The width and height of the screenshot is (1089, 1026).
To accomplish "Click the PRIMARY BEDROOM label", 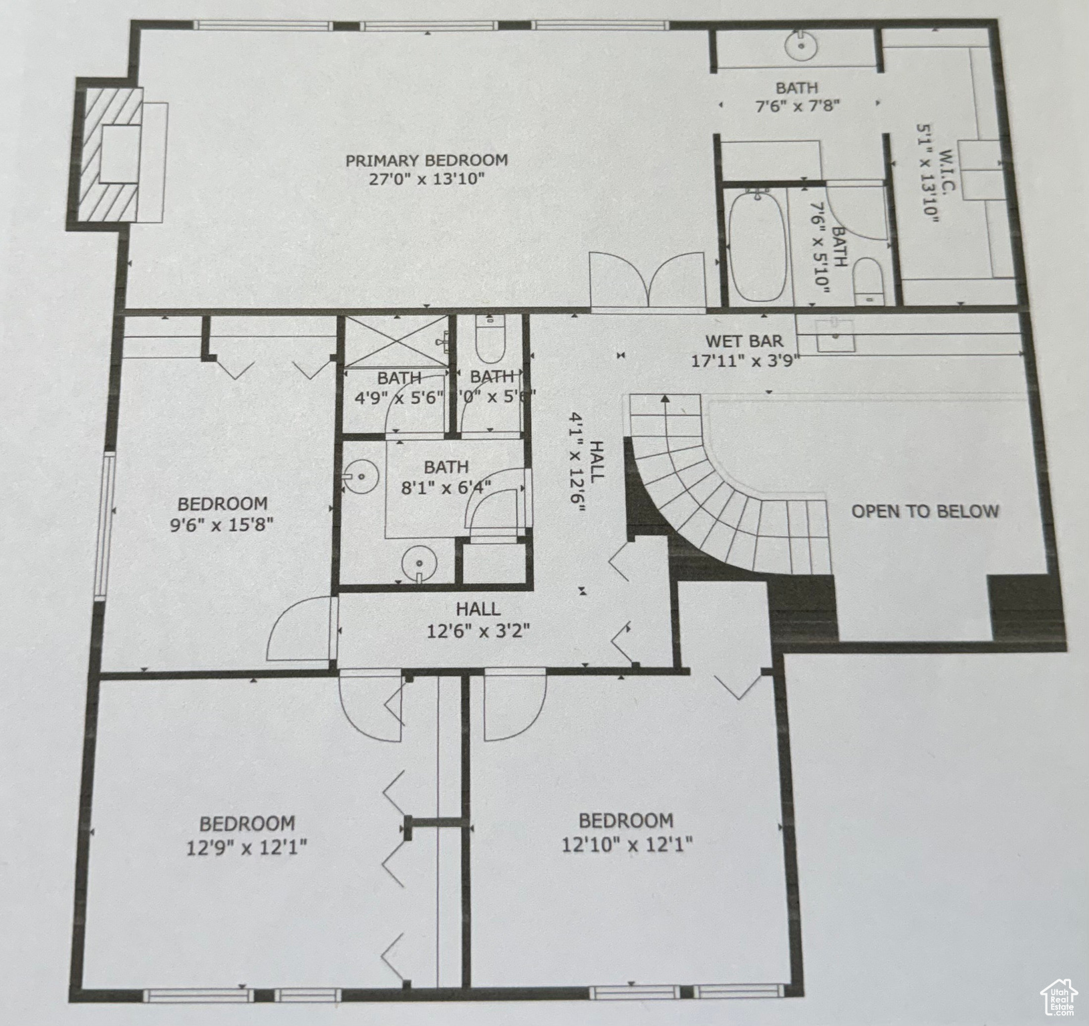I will coord(426,160).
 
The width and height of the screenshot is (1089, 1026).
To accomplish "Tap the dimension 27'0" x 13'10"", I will coord(426,179).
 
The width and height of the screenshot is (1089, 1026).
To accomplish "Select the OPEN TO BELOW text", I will coord(925,512).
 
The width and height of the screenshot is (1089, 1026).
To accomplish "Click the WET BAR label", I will coord(744,341).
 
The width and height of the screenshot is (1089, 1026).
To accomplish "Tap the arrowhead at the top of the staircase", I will coord(665,400).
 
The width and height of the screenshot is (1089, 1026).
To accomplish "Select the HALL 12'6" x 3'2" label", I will coord(478,620).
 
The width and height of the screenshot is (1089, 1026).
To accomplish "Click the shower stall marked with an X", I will coord(396,341).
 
